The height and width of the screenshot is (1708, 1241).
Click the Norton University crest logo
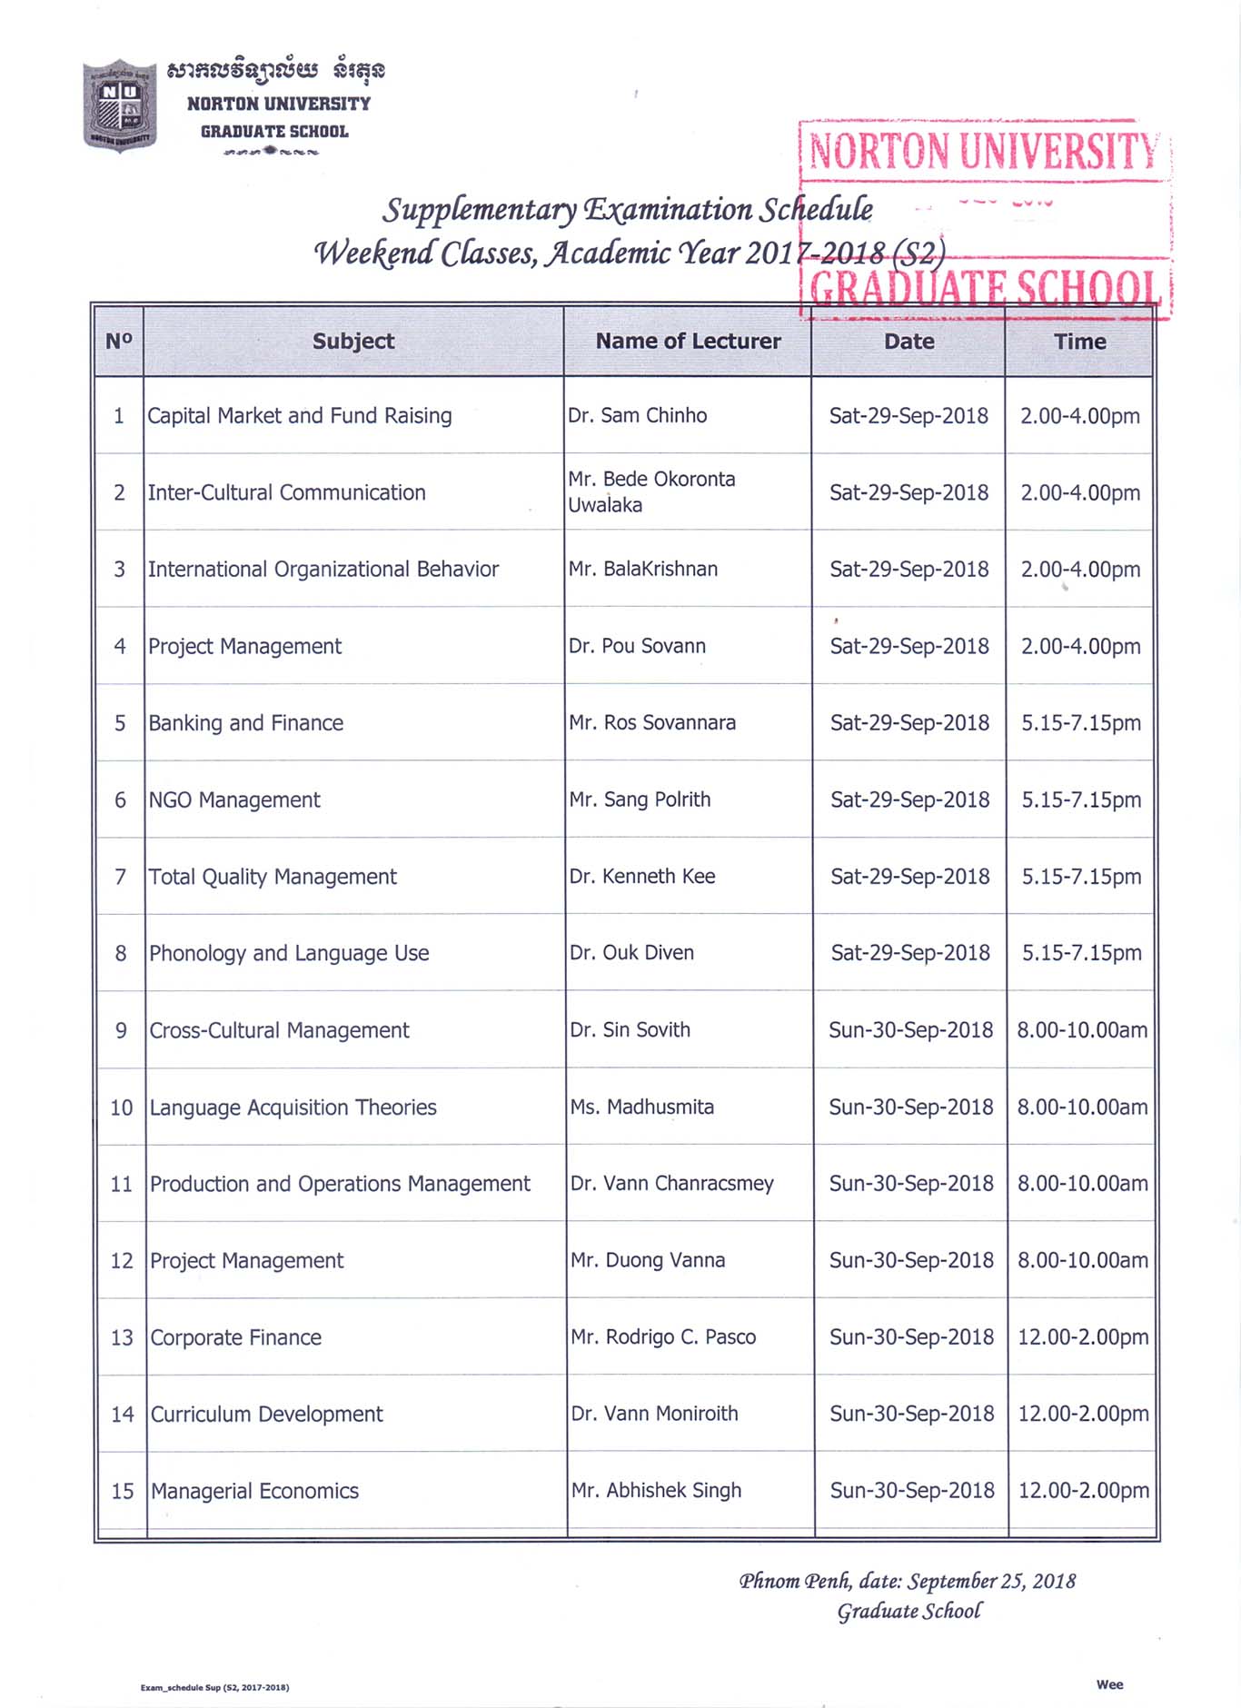point(120,105)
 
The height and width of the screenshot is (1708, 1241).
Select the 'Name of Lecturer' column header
point(688,342)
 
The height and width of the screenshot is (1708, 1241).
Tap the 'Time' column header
point(1079,342)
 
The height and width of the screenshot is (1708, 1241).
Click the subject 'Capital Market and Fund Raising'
point(300,416)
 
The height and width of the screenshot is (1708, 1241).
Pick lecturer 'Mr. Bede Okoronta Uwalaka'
point(651,492)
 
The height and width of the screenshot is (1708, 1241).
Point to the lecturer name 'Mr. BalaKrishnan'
point(643,570)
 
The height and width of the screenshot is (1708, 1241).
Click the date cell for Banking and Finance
point(909,723)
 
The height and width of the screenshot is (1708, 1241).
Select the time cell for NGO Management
point(1081,800)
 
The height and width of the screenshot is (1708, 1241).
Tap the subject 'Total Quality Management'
point(273,877)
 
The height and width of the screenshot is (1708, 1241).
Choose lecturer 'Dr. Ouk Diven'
point(632,953)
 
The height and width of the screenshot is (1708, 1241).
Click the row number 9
point(121,1031)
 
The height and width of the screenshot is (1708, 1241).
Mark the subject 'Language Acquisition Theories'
point(293,1107)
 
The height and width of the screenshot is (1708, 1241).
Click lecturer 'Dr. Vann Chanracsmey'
point(672,1184)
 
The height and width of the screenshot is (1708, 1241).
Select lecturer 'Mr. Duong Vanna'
point(648,1261)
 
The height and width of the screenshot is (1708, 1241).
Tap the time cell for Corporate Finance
point(1083,1337)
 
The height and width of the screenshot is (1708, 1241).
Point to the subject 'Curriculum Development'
point(267,1415)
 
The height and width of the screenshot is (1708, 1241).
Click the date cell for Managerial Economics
point(912,1491)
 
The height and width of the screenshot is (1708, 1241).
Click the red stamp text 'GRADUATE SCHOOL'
point(986,288)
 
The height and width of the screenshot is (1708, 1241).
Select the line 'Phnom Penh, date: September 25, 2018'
point(907,1582)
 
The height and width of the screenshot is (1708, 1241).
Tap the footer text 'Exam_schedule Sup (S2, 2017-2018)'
point(214,1688)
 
